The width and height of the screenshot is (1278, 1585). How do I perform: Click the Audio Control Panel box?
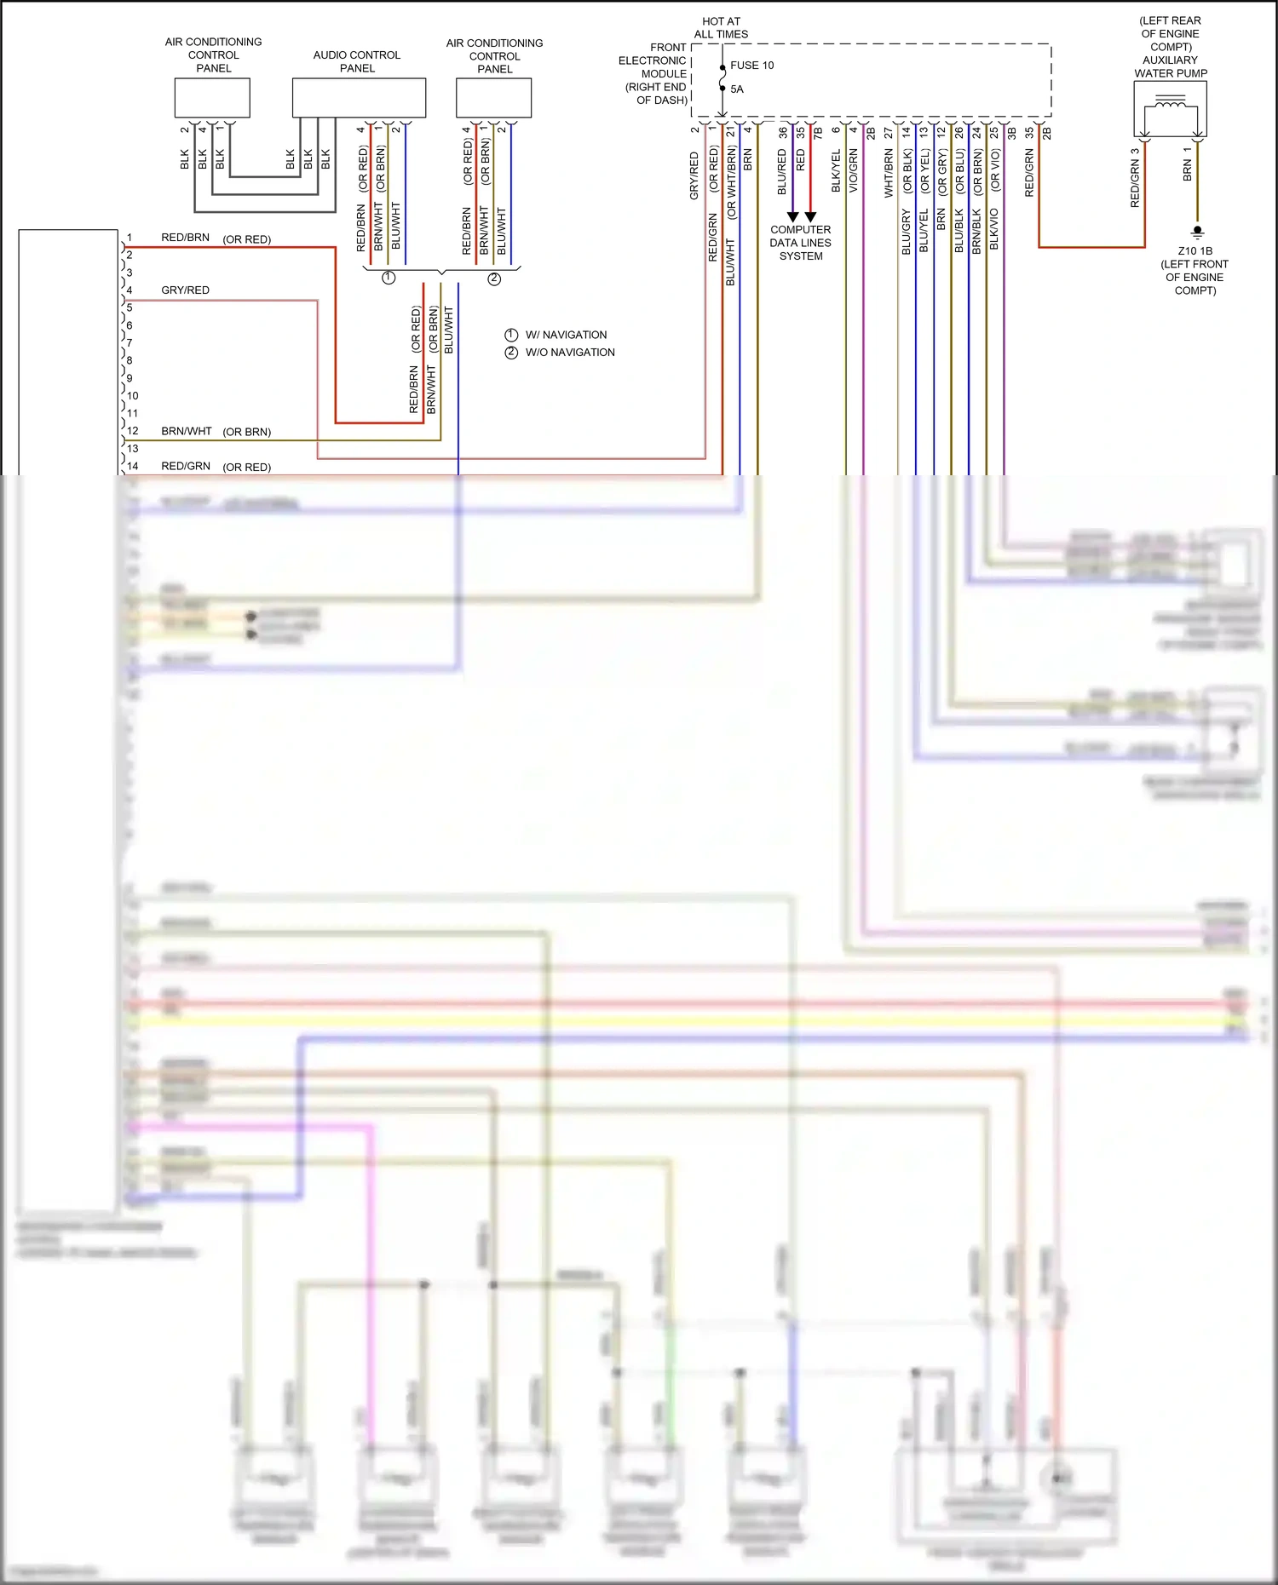coord(359,98)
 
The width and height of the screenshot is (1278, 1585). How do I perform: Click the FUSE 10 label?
coord(751,66)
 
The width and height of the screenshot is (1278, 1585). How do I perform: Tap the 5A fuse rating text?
coord(737,89)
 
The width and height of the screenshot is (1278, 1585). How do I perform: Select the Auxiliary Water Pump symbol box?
coord(1170,110)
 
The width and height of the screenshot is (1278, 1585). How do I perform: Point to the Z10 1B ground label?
coord(1195,251)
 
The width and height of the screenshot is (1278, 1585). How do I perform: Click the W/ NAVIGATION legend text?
coord(566,335)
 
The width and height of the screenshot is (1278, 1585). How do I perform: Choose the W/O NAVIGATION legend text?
coord(570,353)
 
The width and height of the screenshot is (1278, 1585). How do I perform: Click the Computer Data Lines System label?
coord(800,243)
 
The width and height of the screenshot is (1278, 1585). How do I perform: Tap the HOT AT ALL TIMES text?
coord(721,28)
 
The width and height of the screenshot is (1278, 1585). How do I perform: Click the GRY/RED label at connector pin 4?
coord(185,290)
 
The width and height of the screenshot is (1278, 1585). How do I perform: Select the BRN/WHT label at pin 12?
coord(186,432)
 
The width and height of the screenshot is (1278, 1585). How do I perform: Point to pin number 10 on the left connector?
coord(132,396)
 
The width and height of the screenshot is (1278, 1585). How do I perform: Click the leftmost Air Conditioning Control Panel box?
coord(212,98)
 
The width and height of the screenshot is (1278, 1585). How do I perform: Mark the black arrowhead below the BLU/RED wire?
coord(792,217)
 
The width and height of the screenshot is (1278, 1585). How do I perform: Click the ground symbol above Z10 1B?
coord(1197,232)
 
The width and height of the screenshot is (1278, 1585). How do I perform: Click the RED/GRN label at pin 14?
coord(186,467)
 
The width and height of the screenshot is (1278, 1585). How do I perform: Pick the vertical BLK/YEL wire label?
coord(836,170)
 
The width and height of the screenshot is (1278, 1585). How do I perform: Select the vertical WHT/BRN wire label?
coord(889,174)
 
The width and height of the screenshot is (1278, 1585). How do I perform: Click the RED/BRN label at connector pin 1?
coord(185,238)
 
